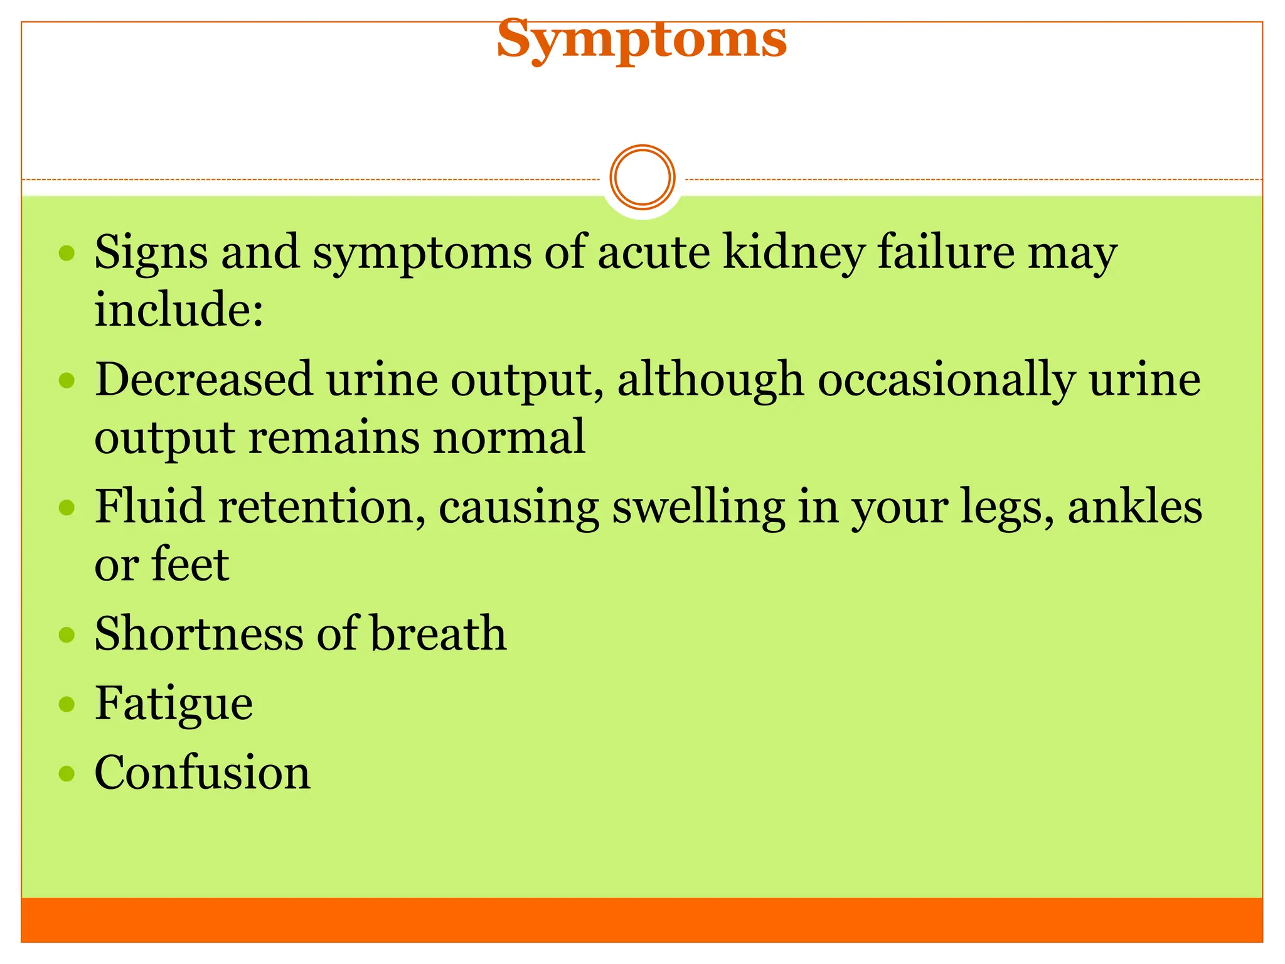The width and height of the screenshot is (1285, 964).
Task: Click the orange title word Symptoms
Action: [641, 39]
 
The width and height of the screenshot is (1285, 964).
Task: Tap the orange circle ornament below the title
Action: [642, 178]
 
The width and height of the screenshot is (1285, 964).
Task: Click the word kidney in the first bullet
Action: [793, 253]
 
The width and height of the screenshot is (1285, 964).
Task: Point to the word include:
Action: [179, 309]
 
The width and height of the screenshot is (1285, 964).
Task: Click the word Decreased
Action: [204, 380]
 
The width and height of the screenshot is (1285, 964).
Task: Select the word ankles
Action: [1134, 507]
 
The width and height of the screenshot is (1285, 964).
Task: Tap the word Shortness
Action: [199, 633]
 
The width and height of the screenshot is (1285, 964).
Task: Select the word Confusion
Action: [202, 773]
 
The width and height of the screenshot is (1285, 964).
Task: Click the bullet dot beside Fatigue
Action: [67, 704]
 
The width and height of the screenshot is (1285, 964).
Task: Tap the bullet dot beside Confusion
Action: [67, 773]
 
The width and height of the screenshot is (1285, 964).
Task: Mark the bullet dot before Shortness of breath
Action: [67, 635]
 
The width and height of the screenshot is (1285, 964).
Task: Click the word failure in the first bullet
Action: [946, 252]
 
